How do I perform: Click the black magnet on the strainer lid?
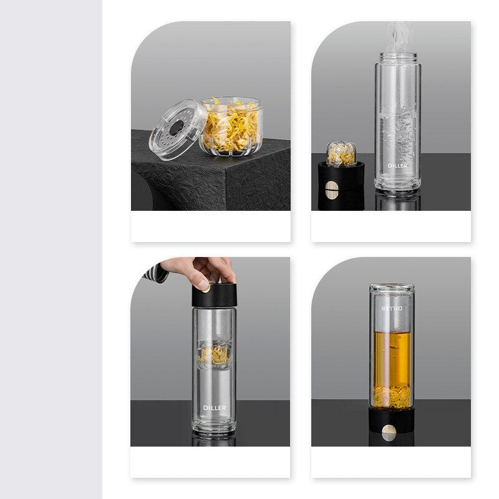point(175,128)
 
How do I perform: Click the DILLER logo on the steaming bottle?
point(397,165)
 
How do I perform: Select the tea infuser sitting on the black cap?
point(342,153)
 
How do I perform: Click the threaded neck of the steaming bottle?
point(398,58)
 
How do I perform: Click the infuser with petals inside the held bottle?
point(214,356)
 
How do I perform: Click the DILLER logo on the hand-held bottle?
point(215,408)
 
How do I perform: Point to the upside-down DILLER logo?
point(392,308)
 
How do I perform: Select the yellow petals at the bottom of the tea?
point(392,395)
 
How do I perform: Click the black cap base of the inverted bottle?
point(392,420)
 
